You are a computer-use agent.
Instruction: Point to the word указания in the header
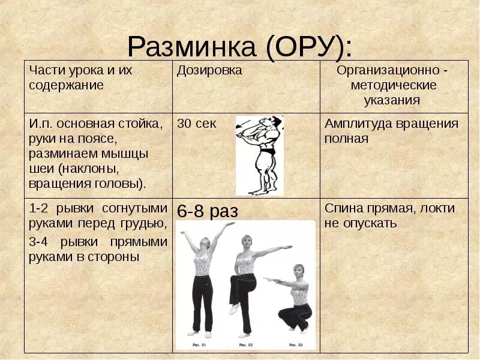[394, 100]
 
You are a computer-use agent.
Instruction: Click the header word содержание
[66, 85]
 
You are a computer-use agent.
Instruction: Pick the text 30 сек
[197, 124]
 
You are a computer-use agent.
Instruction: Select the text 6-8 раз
[208, 211]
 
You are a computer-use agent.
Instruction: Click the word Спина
[342, 209]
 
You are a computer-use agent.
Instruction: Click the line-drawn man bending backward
[260, 155]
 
